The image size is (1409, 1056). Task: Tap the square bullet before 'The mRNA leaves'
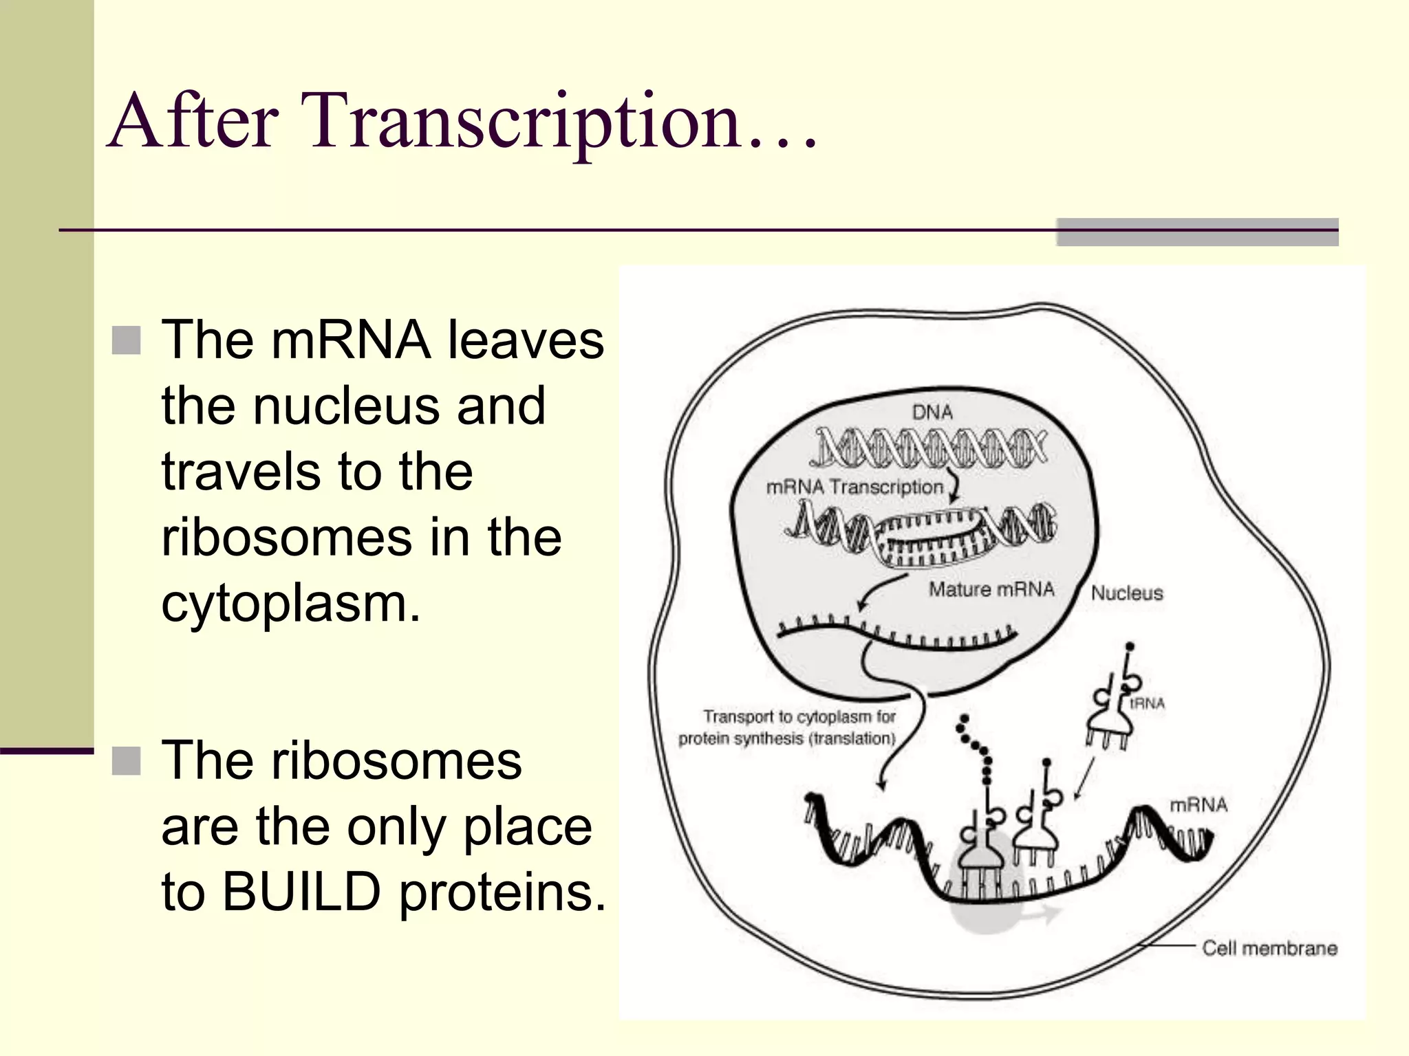126,340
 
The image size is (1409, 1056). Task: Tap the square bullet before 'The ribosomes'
126,761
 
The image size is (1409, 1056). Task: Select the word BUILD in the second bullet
301,892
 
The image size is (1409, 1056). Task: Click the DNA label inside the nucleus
932,412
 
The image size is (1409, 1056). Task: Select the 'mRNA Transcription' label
854,487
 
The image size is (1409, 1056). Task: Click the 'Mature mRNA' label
991,589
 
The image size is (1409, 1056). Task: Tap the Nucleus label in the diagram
1127,593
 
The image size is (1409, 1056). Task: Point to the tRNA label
1148,703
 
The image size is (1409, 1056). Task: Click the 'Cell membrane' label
1269,948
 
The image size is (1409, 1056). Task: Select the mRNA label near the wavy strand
1198,804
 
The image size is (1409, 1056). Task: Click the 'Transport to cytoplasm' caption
788,727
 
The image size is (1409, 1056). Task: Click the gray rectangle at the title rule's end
1197,232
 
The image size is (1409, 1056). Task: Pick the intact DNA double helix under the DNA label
929,447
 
